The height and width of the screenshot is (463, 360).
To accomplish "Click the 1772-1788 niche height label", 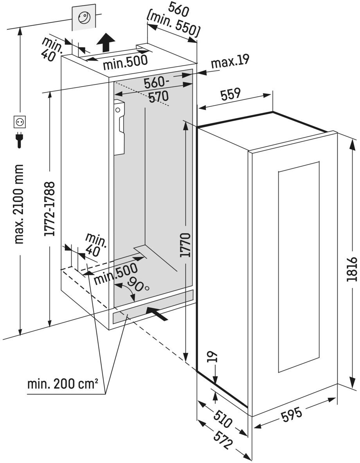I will [x=50, y=209].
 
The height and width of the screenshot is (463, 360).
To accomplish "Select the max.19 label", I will [x=230, y=62].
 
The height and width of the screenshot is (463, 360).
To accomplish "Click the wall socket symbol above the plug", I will [x=19, y=122].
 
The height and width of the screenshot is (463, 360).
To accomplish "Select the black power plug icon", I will [x=19, y=140].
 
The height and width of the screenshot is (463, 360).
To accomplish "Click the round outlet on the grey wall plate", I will [x=84, y=17].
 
